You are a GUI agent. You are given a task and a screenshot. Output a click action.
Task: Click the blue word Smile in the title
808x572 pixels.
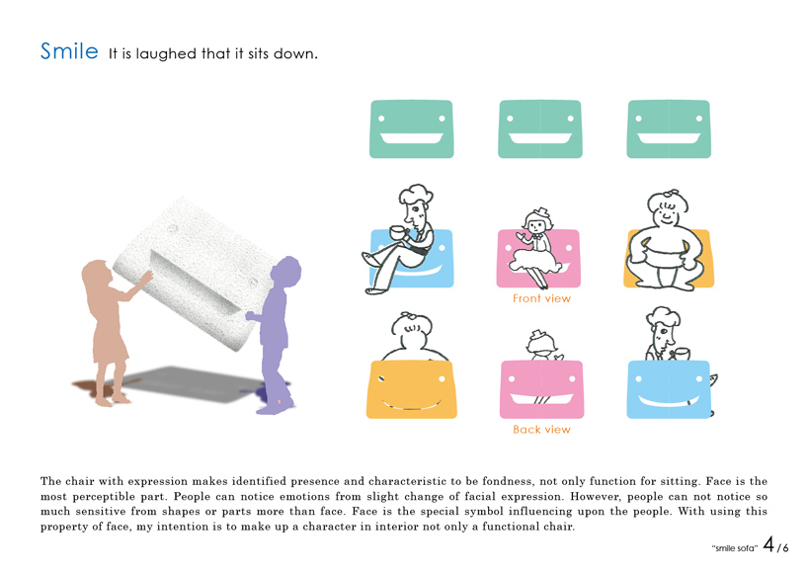(69, 51)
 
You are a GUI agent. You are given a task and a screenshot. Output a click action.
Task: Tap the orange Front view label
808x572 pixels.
(541, 298)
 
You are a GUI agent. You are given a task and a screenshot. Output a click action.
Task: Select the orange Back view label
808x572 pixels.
(541, 430)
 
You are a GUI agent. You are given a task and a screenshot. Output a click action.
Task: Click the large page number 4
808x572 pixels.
(768, 544)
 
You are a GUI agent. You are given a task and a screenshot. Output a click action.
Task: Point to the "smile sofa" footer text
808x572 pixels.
(734, 548)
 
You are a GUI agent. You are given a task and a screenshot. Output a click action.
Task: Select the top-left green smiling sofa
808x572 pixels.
(411, 128)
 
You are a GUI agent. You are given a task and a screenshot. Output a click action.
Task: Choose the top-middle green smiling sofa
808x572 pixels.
(540, 128)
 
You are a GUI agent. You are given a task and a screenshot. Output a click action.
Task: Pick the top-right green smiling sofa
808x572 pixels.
(669, 128)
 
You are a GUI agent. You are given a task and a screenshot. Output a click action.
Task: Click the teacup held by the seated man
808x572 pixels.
(398, 233)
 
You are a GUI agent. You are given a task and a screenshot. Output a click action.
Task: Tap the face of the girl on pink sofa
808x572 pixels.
(537, 225)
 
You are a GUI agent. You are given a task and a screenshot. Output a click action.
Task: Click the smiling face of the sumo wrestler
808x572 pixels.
(667, 210)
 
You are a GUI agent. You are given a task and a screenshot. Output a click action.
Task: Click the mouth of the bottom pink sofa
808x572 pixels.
(541, 399)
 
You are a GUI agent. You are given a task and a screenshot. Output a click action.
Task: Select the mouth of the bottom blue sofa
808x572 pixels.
(669, 400)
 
